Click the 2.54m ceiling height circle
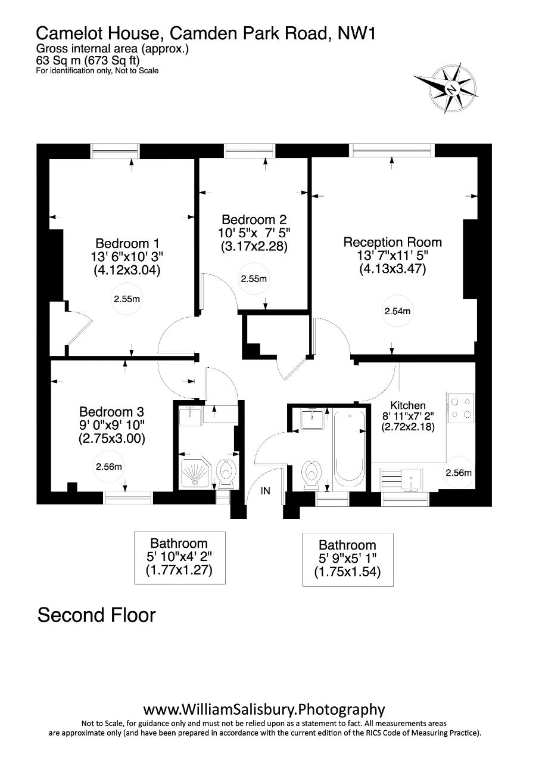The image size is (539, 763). [397, 311]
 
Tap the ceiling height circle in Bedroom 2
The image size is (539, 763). [254, 279]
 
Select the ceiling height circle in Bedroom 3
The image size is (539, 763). [108, 467]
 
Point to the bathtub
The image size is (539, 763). [349, 449]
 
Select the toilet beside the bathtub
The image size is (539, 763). [311, 475]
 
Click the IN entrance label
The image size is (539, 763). [265, 491]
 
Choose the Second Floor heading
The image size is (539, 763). [96, 615]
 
